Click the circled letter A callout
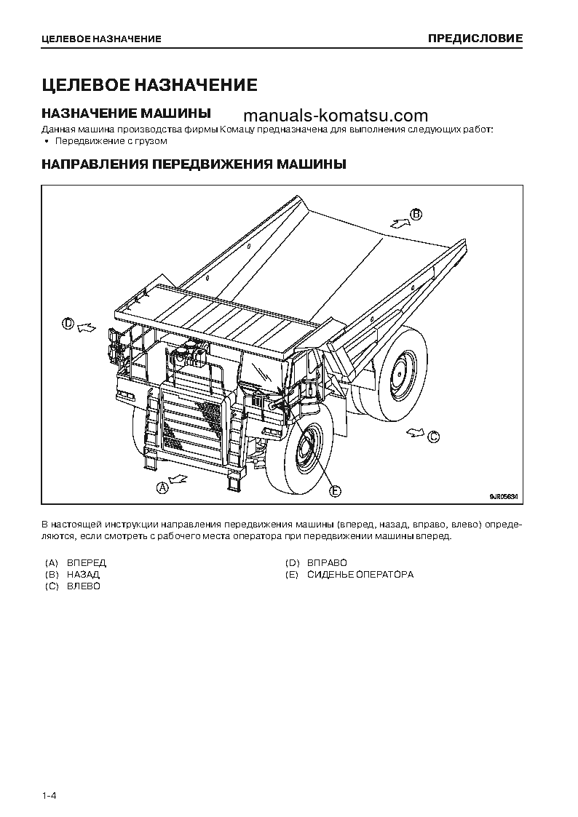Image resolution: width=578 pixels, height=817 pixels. coord(163,487)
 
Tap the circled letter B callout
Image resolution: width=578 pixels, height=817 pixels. coord(416,214)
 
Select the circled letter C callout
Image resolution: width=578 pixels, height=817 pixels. coord(433,437)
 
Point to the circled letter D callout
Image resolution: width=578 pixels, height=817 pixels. coord(68,324)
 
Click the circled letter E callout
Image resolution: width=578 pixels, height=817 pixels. coord(335,492)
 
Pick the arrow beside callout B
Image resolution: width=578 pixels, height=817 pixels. coord(398,222)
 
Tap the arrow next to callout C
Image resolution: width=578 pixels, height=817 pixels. coord(416,432)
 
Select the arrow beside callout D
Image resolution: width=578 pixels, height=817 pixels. coord(86,327)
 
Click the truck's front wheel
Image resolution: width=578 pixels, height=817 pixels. coord(300,455)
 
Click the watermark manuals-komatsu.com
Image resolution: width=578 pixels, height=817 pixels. coord(336,116)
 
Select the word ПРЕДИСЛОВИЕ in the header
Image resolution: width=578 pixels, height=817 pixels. coord(474,38)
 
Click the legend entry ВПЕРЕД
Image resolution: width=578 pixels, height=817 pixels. coord(86,563)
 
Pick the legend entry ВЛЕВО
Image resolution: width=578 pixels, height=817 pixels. coord(83,586)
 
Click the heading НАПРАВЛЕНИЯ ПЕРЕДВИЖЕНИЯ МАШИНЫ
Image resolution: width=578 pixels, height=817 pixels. coord(193,164)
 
